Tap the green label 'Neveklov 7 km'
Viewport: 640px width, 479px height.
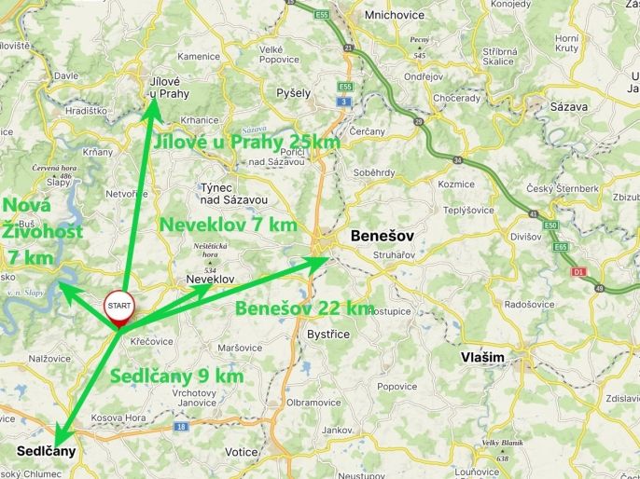(x=229, y=225)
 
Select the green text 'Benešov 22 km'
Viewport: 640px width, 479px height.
(x=304, y=308)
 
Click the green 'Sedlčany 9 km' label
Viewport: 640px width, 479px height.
(x=177, y=376)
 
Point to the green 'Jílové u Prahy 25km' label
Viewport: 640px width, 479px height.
(x=246, y=142)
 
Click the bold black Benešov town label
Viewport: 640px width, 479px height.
(x=382, y=237)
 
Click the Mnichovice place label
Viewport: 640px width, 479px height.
(x=369, y=16)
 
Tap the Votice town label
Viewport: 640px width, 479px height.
(x=242, y=452)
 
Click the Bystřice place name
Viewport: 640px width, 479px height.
(x=328, y=334)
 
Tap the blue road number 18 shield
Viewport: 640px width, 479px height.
(x=182, y=426)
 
